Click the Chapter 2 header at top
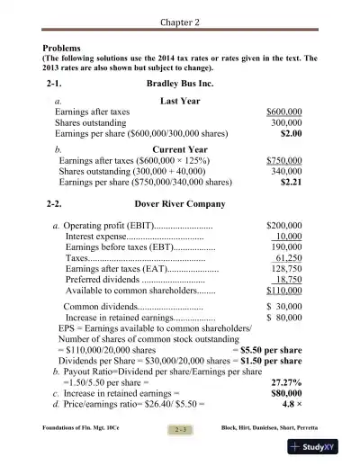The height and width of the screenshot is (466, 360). coord(179,22)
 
